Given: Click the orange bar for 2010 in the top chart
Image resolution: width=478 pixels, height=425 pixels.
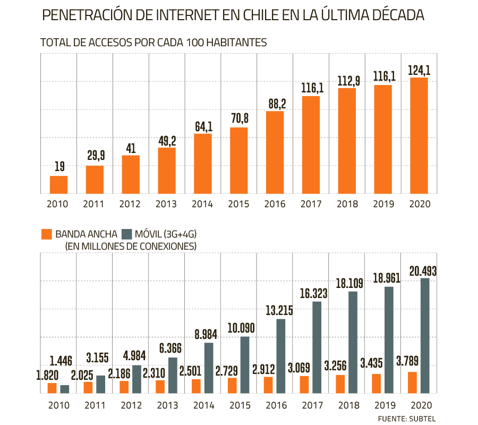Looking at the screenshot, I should [58, 185].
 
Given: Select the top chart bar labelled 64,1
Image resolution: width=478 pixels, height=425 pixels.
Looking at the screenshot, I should [203, 164].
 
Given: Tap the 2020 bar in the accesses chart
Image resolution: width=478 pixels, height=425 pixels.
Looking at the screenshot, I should [419, 135].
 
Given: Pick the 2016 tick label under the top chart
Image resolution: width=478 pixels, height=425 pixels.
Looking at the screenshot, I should [275, 205].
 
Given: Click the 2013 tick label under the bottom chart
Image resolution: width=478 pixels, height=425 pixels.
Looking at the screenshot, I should [166, 405].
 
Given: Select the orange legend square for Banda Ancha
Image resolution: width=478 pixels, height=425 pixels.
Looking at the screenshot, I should [47, 234].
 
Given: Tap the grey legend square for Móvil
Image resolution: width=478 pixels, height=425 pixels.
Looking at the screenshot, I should [127, 234].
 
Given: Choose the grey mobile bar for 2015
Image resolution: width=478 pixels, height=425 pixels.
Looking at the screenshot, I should [244, 365].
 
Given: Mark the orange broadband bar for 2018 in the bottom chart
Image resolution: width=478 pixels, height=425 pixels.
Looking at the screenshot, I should [340, 384].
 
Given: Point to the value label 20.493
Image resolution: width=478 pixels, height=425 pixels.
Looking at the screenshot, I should [423, 271].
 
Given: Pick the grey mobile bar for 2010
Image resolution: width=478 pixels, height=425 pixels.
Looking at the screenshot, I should [65, 389].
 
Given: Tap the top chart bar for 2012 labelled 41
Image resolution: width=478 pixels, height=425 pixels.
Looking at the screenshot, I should [131, 174].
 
